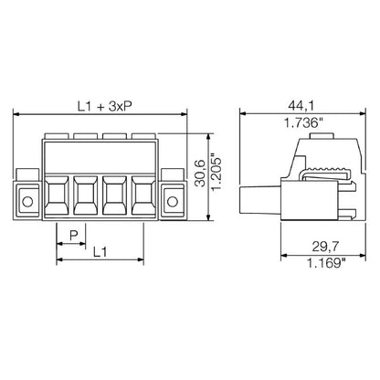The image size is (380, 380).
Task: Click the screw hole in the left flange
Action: tap(27, 201)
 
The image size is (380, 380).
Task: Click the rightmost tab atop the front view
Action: tap(142, 138)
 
